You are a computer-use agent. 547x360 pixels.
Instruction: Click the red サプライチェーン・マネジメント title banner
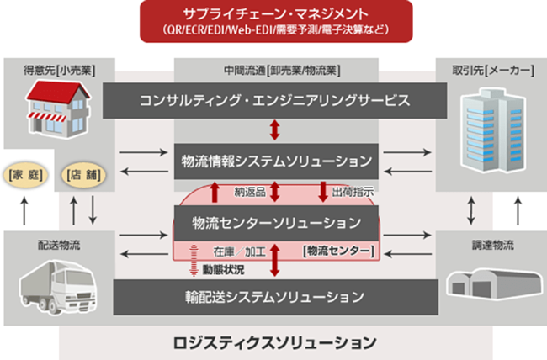[273, 21]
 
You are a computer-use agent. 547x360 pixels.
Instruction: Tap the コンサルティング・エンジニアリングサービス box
[273, 102]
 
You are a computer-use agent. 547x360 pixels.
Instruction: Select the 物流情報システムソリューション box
[273, 160]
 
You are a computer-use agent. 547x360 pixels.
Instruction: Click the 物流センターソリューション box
[273, 224]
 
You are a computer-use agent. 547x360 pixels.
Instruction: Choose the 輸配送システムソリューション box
[273, 296]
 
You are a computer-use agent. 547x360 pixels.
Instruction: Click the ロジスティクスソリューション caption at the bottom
[273, 342]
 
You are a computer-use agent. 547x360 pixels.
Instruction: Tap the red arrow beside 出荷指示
[322, 191]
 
